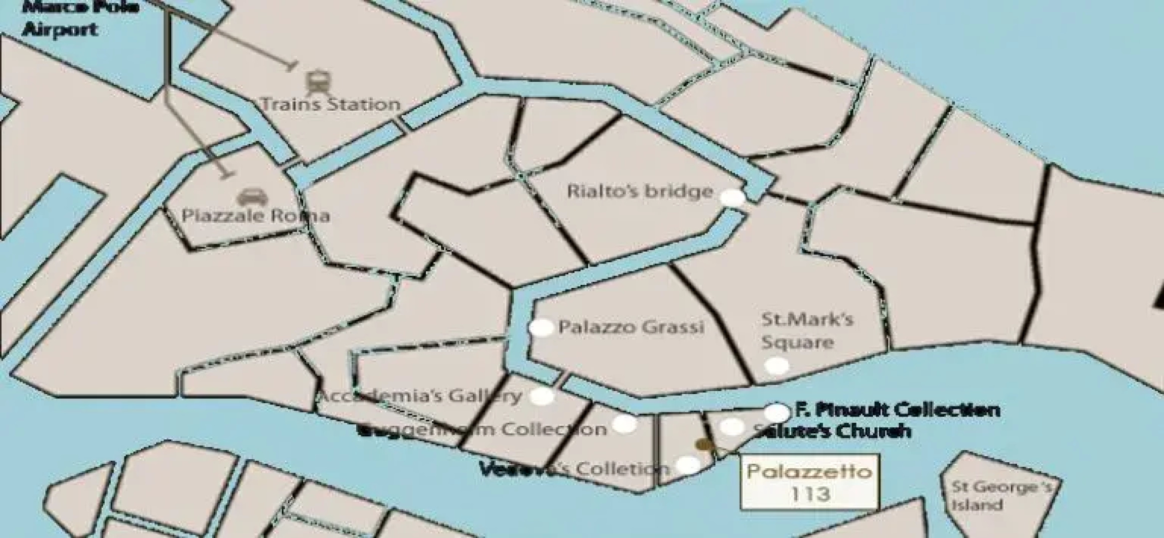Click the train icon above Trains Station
316,83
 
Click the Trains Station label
331,105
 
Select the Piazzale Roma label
255,216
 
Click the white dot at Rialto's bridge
733,198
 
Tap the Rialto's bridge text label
640,192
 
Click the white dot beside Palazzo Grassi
541,328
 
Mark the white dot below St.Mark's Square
776,366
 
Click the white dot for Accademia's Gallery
542,397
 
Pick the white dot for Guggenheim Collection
624,424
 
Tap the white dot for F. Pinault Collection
777,412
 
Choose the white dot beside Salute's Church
731,426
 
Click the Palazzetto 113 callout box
809,481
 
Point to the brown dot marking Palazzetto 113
704,444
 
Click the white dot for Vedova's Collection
688,465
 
